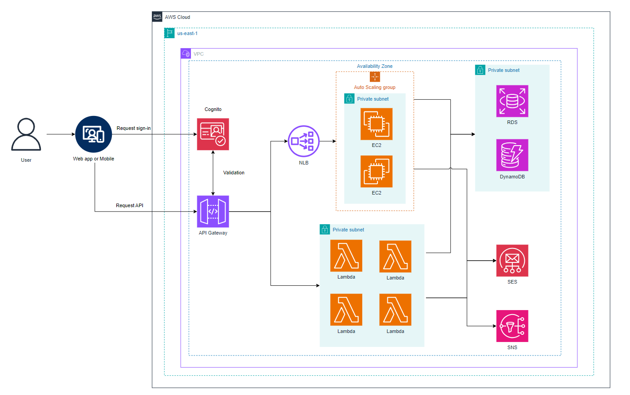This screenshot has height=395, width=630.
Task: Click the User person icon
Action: pyautogui.click(x=26, y=134)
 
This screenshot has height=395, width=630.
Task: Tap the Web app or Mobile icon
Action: pyautogui.click(x=93, y=134)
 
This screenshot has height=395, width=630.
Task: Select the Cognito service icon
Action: pyautogui.click(x=213, y=134)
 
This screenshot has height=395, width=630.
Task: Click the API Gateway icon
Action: pyautogui.click(x=213, y=211)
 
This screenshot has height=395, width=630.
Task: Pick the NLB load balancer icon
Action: pyautogui.click(x=304, y=141)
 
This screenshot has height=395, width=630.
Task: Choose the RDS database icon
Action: pyautogui.click(x=512, y=101)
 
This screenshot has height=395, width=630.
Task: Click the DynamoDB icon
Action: pyautogui.click(x=512, y=155)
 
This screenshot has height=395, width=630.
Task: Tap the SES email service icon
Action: pyautogui.click(x=512, y=261)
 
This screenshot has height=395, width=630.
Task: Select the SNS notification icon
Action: pyautogui.click(x=512, y=326)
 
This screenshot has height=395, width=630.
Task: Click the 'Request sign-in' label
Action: pyautogui.click(x=133, y=129)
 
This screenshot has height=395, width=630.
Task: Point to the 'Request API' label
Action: pyautogui.click(x=129, y=206)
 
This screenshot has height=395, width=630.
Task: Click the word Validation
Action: pyautogui.click(x=234, y=173)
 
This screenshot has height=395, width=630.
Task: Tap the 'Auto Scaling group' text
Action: pyautogui.click(x=375, y=88)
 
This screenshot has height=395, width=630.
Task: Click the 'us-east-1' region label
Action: pyautogui.click(x=187, y=34)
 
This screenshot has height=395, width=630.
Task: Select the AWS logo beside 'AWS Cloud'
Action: pyautogui.click(x=157, y=17)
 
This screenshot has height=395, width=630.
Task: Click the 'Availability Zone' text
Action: pyautogui.click(x=375, y=67)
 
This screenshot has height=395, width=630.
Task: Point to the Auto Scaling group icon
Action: pyautogui.click(x=375, y=77)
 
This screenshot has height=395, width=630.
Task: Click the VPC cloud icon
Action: pyautogui.click(x=186, y=54)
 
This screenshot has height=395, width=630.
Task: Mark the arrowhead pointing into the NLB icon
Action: pyautogui.click(x=286, y=141)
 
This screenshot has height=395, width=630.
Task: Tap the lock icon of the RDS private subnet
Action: pyautogui.click(x=480, y=70)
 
